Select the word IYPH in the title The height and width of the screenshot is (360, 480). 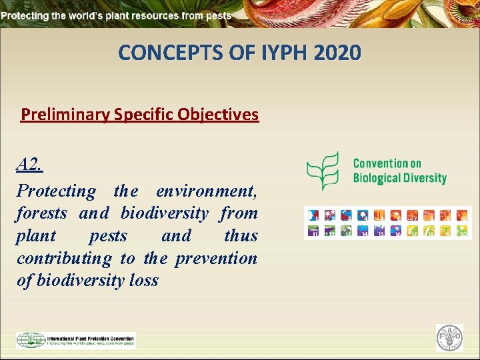click(271, 53)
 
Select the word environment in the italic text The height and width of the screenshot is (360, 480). click(206, 191)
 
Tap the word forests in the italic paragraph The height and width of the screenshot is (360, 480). click(42, 213)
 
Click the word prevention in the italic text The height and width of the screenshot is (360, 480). click(216, 258)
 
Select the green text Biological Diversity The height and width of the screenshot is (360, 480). click(399, 178)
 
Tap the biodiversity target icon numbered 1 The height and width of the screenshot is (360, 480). click(313, 215)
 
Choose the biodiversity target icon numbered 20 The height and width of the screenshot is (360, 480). click(463, 231)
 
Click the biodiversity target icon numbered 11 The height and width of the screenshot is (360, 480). click(313, 231)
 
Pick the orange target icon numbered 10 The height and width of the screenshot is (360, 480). click(463, 215)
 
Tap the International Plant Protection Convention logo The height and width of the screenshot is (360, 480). click(75, 340)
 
